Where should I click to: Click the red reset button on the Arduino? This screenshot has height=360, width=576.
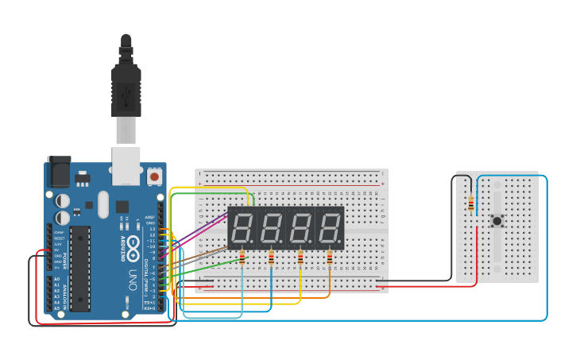154,175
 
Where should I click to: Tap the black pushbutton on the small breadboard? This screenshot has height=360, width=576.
497,221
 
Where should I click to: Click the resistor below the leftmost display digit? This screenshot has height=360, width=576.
242,257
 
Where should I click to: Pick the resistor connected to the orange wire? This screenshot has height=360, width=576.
330,257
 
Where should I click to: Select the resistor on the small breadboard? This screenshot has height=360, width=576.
472,204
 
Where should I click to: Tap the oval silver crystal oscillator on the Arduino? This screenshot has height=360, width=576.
102,204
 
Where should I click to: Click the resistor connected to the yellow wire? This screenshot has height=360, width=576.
300,257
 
